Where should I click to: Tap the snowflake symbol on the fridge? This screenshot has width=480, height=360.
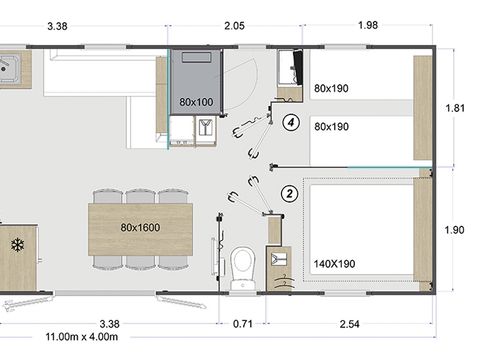[17, 244]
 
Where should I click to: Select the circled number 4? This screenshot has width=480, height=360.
[290, 123]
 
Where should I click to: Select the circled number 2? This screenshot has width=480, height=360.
[290, 193]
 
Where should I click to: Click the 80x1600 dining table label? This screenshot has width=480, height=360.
[141, 227]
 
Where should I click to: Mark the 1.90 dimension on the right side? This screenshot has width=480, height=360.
[456, 230]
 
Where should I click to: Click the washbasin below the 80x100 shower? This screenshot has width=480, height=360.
[205, 128]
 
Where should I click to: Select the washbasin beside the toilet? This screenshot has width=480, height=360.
[279, 259]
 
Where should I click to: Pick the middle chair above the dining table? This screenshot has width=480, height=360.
[141, 195]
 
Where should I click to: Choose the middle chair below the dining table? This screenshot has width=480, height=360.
[141, 260]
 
